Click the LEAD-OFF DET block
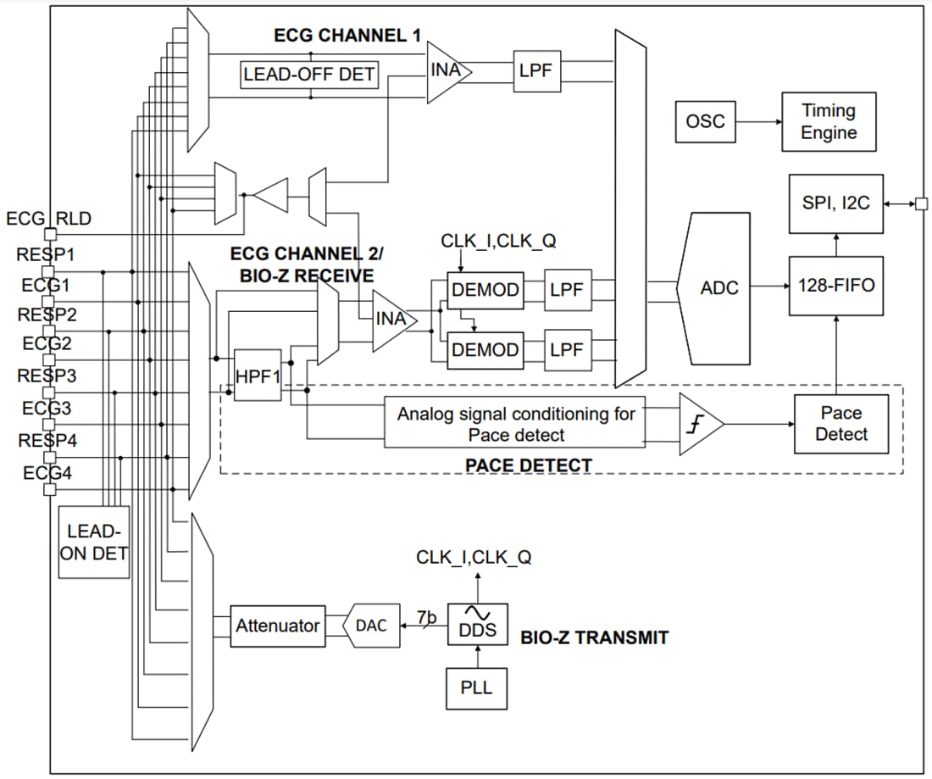pos(309,75)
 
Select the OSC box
pos(705,121)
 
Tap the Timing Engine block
pos(828,122)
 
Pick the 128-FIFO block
pos(835,286)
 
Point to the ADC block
pos(718,288)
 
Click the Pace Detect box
pos(840,424)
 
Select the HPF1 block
pos(258,375)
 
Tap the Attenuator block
pos(278,626)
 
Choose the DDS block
pos(477,626)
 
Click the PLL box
pos(476,687)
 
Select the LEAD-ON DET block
pos(94,543)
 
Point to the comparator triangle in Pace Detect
pos(699,423)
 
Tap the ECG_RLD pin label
pos(48,219)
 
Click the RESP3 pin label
pos(47,376)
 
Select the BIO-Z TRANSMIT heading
pos(594,637)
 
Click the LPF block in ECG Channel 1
pos(535,71)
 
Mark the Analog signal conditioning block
pos(515,424)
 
